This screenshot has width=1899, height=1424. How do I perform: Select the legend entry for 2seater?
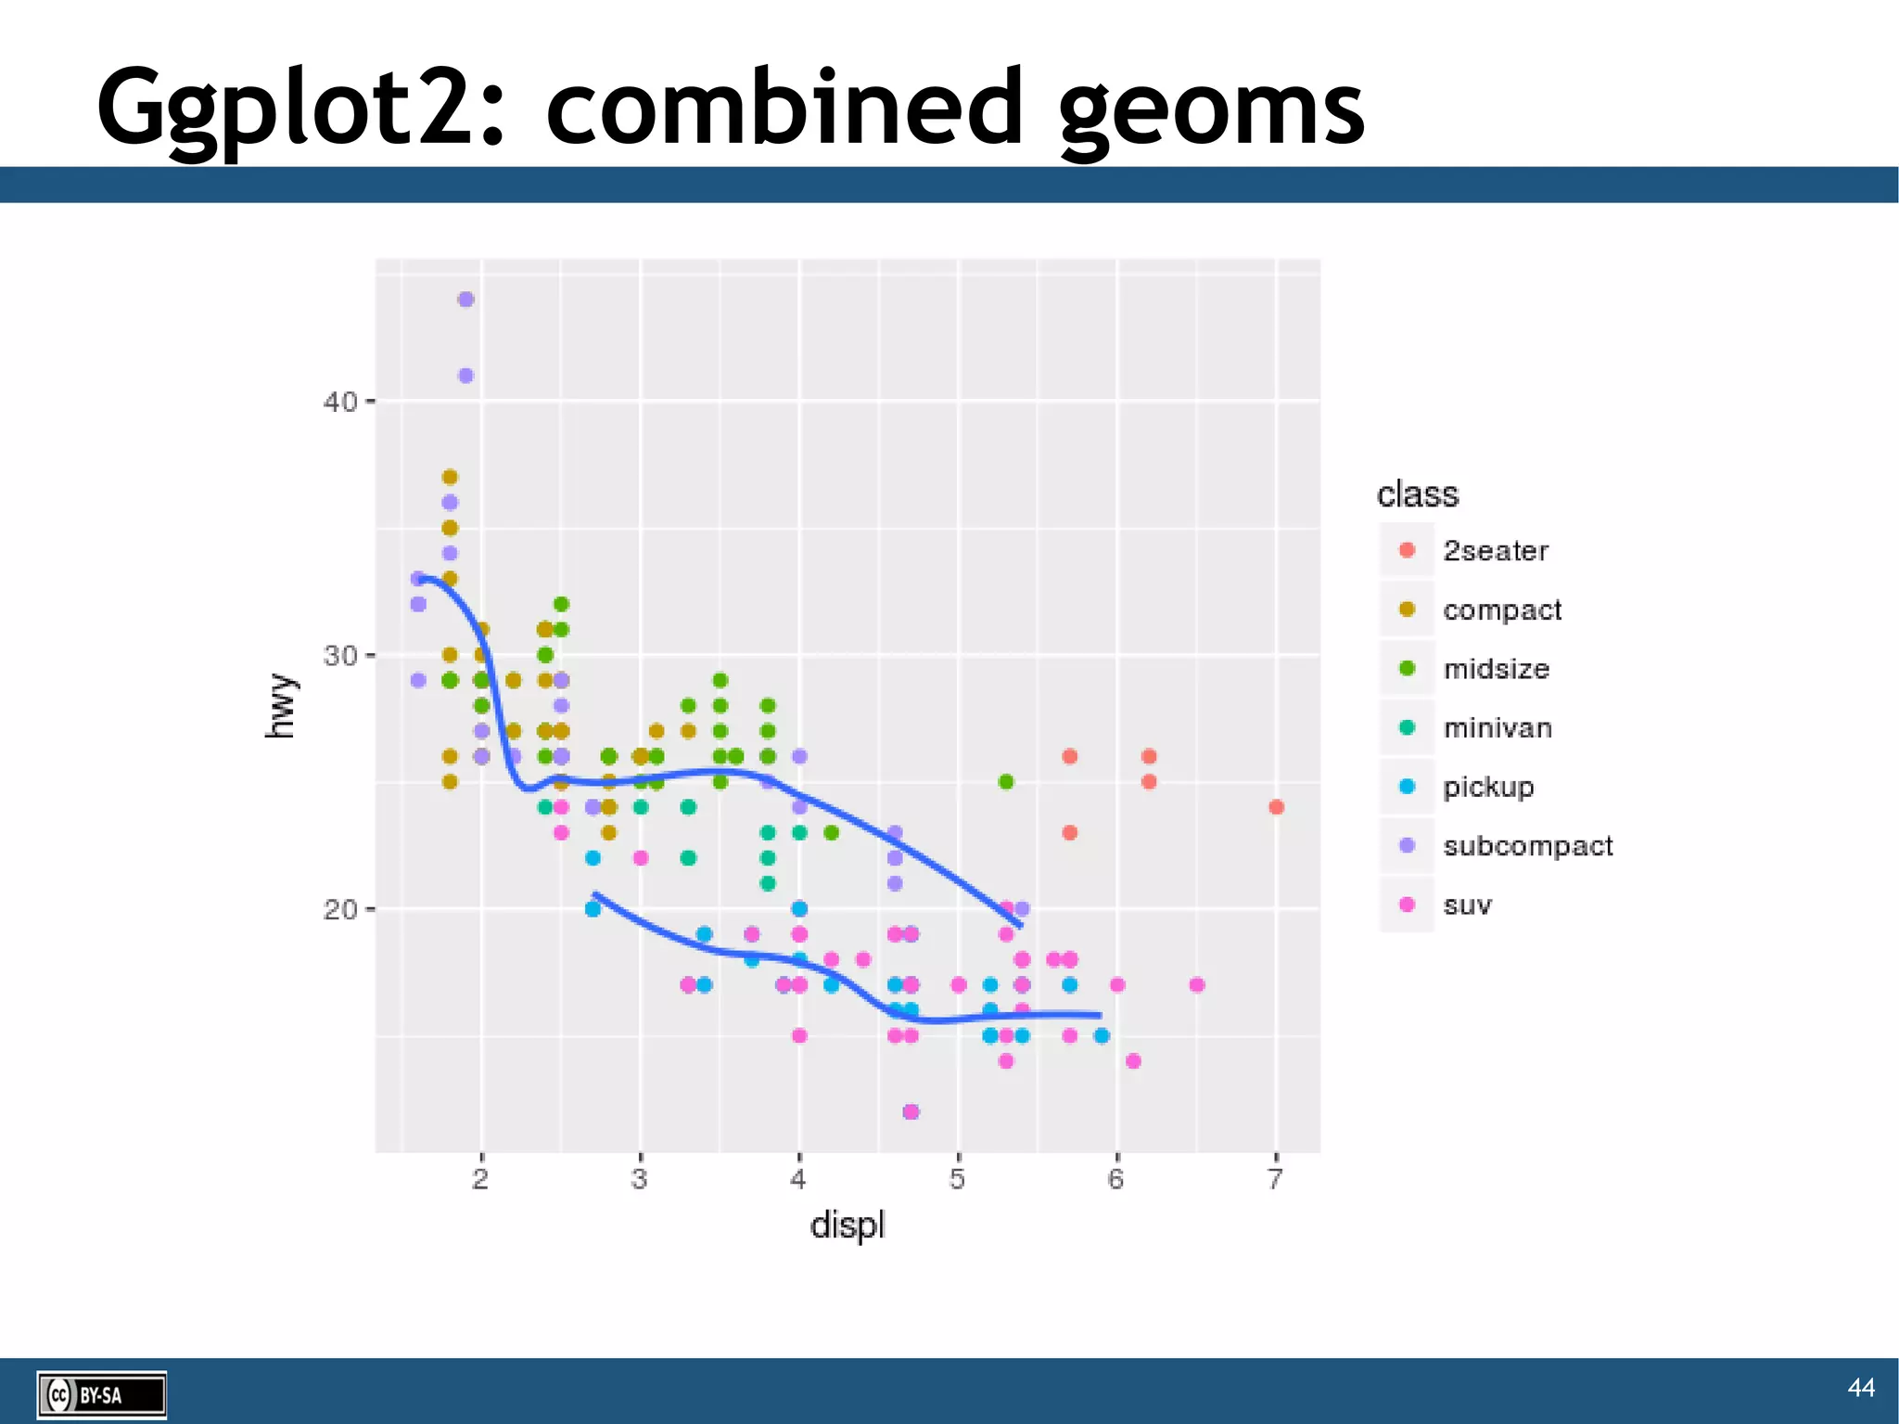(1495, 551)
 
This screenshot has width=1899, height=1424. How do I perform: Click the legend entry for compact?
(1501, 609)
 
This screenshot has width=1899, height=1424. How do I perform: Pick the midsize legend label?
(1496, 669)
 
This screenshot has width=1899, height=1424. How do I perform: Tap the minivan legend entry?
(1497, 728)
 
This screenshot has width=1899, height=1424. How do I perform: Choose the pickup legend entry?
(1487, 787)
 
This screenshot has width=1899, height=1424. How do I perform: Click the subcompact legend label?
(1527, 846)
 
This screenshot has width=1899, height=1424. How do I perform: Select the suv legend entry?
(1467, 905)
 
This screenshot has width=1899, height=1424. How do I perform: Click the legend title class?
(1417, 494)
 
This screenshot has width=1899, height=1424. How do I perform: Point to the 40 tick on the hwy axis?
(339, 402)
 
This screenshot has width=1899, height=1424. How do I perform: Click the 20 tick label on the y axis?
(339, 909)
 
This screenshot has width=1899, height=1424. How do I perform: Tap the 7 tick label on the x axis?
(1276, 1179)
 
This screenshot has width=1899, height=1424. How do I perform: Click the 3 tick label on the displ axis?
(639, 1179)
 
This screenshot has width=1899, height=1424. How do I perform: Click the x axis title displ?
(847, 1225)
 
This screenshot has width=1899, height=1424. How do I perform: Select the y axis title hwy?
(280, 707)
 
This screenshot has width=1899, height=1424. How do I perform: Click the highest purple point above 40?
(465, 300)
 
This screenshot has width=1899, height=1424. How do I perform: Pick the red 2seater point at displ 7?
(1276, 807)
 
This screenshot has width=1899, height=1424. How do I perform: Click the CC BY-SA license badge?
(101, 1394)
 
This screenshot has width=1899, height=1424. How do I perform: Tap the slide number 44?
(1860, 1387)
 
